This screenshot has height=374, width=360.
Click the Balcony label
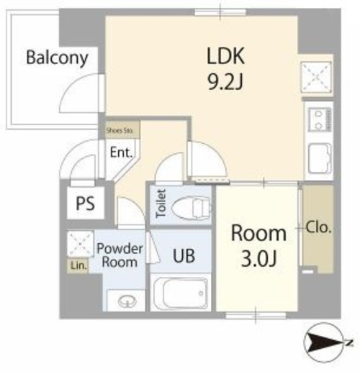tap(57, 58)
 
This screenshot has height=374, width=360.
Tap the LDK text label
tap(225, 56)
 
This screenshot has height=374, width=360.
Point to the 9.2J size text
tap(225, 81)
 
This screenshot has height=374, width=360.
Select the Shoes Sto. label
tap(120, 131)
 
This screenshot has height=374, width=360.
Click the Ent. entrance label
tap(121, 152)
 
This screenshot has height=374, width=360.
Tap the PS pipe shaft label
tap(86, 204)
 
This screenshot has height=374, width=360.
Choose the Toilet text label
tap(161, 204)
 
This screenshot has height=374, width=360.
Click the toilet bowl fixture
tap(191, 208)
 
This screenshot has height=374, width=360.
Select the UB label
tap(184, 255)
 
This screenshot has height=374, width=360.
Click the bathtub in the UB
tap(181, 293)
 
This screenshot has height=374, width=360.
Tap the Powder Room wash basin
tap(127, 301)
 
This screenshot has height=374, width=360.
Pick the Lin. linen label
tap(78, 265)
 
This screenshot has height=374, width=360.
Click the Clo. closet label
tap(319, 227)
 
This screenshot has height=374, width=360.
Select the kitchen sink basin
tap(319, 158)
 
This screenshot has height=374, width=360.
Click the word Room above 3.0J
tap(258, 233)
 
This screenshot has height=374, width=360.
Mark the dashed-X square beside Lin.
tap(80, 244)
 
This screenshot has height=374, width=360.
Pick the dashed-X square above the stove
tap(316, 77)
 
